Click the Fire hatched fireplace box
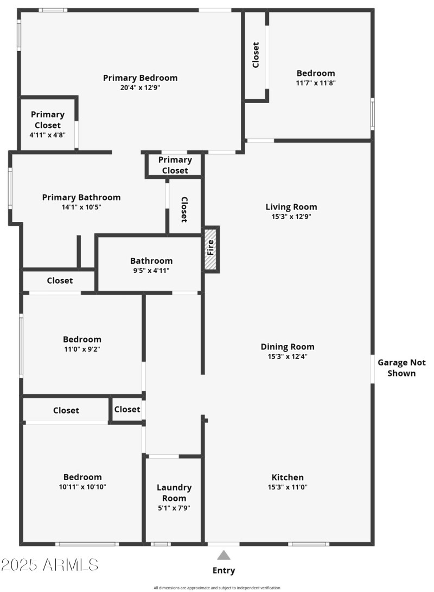point(211,249)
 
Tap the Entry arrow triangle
point(224,555)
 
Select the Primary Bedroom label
point(140,78)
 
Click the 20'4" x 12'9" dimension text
point(140,87)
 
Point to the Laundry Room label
point(174,493)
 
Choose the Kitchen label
point(288,477)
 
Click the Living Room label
point(291,206)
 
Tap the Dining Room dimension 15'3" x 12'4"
point(288,357)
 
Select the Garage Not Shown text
point(401,367)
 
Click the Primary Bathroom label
point(81,197)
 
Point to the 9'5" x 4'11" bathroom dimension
point(151,270)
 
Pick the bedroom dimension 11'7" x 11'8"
point(316,83)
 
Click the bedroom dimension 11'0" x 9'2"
point(82,349)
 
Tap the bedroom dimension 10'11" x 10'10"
point(82,487)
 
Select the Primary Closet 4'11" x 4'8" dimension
point(47,135)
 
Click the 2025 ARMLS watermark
point(49,565)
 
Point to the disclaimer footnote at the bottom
point(217,588)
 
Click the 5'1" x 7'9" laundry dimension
point(174,508)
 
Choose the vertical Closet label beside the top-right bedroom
point(256,55)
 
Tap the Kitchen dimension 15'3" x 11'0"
point(288,487)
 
